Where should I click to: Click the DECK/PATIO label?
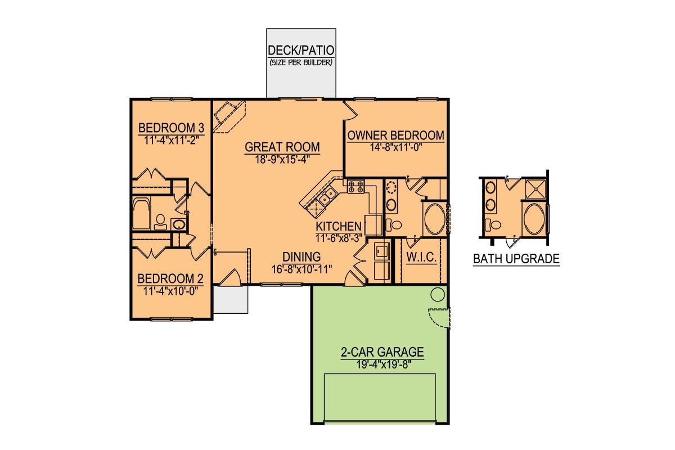point(301,50)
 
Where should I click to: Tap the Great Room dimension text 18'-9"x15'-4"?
point(282,159)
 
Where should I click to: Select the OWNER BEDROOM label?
point(395,135)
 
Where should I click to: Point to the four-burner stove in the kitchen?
point(356,186)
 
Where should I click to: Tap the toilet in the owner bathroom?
point(394,224)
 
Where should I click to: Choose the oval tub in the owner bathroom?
point(434,219)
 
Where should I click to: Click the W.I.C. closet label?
point(421,257)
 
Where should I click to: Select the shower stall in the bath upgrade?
point(535,190)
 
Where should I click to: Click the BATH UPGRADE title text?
point(516,259)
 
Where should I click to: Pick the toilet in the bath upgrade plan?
point(493,224)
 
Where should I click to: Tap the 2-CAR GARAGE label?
point(382,352)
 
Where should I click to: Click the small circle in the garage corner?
point(438,294)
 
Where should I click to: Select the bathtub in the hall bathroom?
point(141,213)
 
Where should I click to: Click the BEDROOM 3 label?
point(171,128)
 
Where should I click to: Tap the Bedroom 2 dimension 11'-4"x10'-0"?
point(170,291)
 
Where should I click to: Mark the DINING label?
point(301,256)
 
